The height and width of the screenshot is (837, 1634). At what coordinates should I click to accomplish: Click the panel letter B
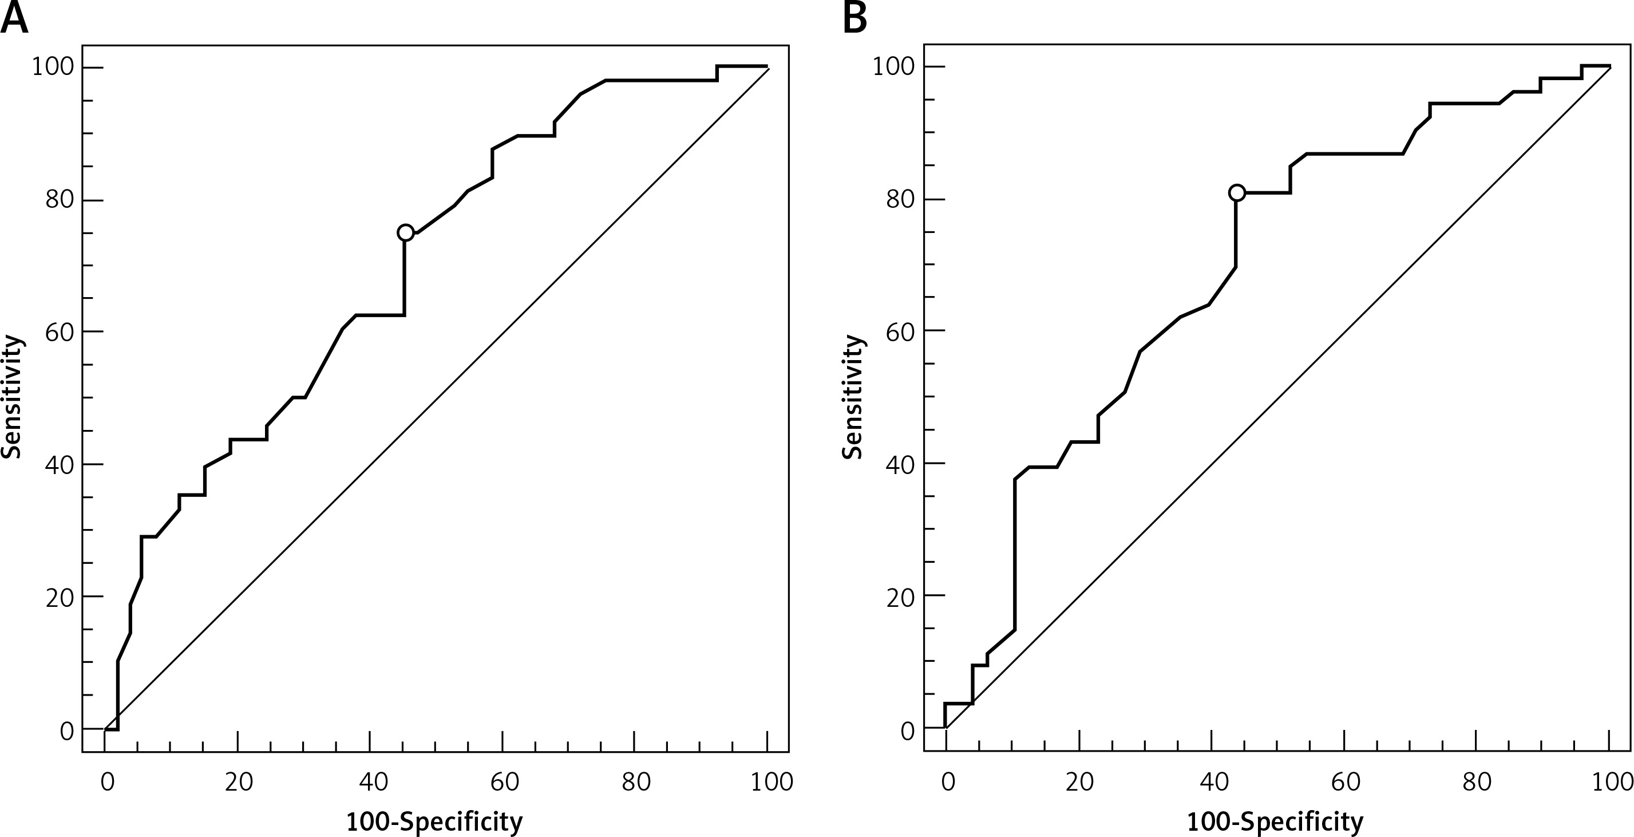[x=855, y=19]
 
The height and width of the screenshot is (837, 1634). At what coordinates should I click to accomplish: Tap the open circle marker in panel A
[x=405, y=233]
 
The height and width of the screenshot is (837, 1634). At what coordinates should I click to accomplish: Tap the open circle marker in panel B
[x=1236, y=193]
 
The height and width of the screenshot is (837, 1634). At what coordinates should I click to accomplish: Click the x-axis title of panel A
[x=434, y=822]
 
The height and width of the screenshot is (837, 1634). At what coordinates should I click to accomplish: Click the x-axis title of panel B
[x=1275, y=822]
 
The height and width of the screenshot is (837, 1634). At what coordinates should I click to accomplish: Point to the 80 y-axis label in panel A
[x=59, y=200]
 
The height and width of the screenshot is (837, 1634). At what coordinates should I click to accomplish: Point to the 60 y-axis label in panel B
[x=900, y=331]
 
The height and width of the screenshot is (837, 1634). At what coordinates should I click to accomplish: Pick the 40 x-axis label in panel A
[x=373, y=782]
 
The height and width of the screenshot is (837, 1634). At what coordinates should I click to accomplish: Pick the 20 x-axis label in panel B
[x=1079, y=782]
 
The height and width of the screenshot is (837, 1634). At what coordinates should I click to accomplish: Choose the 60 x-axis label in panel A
[x=505, y=782]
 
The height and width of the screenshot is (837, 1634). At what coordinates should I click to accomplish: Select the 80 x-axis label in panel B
[x=1477, y=782]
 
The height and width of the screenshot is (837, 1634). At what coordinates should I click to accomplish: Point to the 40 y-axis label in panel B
[x=900, y=464]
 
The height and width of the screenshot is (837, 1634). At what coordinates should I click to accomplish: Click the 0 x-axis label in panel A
[x=107, y=782]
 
